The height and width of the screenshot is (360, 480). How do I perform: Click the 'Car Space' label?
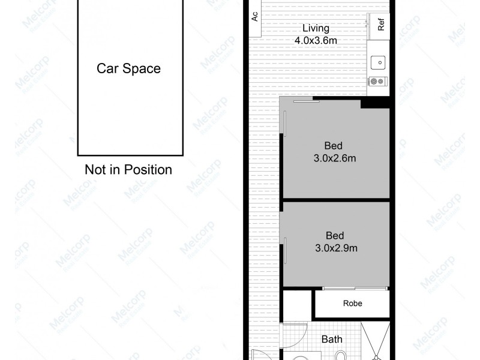pos(128,68)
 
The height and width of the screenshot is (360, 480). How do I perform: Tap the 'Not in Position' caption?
pos(128,170)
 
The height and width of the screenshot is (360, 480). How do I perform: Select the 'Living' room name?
pos(315,28)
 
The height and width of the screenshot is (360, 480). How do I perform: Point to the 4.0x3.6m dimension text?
pos(315,40)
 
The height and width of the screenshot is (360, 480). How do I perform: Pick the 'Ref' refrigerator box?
pos(380,25)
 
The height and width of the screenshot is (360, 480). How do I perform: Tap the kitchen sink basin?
pos(379,61)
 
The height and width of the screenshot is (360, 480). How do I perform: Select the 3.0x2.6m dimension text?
pos(336,158)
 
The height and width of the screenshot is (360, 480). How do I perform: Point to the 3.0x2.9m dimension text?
pos(336,247)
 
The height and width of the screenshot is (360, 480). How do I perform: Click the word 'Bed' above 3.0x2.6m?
pos(334,145)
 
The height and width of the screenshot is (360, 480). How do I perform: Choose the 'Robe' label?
pos(353,304)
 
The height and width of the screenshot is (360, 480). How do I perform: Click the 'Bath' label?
pos(332,340)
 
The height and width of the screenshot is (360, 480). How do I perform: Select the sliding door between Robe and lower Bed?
pos(354,289)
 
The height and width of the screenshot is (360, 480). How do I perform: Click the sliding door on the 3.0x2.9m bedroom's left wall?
pos(286,249)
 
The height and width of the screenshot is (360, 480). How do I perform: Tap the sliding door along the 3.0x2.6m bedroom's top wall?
pos(306,101)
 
